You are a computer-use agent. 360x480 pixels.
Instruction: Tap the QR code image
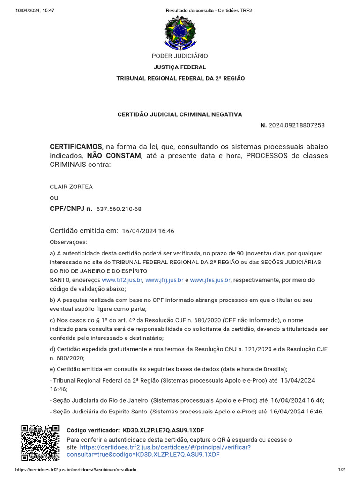[40, 443]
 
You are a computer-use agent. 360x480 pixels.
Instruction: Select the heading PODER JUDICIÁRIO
[180, 56]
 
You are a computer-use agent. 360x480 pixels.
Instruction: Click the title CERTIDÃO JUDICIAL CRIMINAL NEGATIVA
[180, 114]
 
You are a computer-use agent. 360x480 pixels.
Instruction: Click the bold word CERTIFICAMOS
[76, 147]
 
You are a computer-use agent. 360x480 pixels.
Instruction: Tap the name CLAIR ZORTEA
[71, 187]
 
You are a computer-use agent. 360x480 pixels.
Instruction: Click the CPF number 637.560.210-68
[119, 209]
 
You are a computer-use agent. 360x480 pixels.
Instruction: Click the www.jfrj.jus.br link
[164, 280]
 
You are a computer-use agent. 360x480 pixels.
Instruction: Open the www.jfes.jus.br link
[210, 280]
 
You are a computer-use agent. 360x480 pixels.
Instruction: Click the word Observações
[68, 242]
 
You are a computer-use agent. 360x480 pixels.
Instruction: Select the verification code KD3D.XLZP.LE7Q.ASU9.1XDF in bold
[163, 430]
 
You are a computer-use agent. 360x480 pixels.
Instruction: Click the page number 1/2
[341, 470]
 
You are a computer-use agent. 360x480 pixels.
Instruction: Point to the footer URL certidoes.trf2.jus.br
[76, 470]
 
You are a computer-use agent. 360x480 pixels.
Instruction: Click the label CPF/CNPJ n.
[71, 209]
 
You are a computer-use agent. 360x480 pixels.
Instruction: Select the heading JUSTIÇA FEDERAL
[180, 67]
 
